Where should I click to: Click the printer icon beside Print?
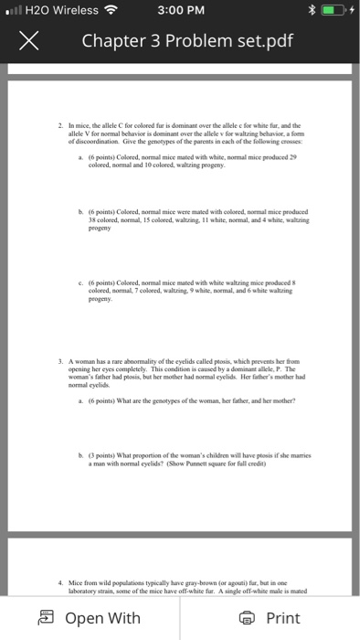point(244,618)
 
